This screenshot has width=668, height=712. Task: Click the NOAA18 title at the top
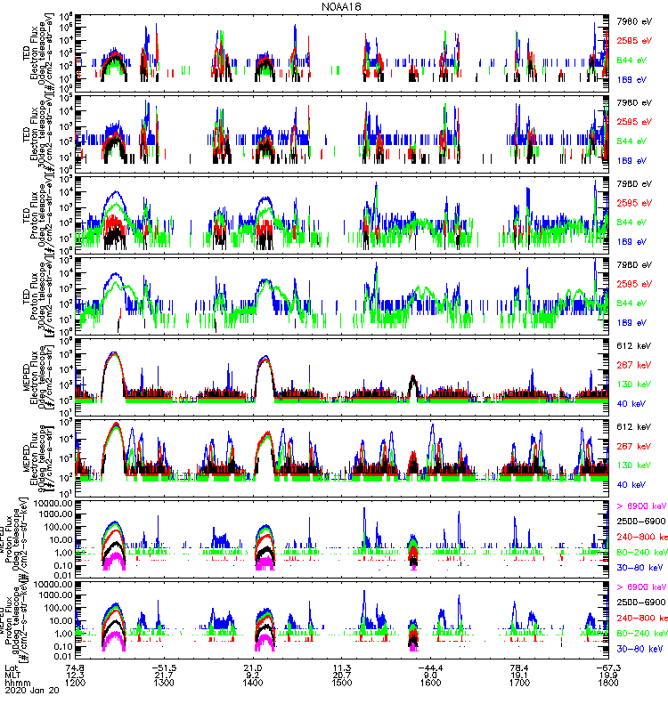[x=342, y=6]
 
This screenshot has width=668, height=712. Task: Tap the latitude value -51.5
[x=164, y=665]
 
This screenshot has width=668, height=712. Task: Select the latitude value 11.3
[x=341, y=665]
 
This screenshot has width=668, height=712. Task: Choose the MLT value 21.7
[x=164, y=673]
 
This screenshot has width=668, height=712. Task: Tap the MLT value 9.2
[x=252, y=673]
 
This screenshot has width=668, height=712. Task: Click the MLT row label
[x=12, y=673]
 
